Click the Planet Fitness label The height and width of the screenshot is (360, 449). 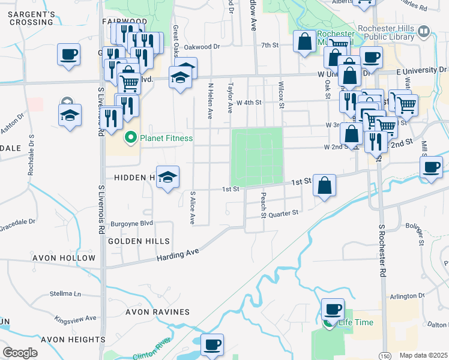(166, 139)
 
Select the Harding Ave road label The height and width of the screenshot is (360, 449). (177, 256)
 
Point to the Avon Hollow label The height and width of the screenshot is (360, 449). (68, 258)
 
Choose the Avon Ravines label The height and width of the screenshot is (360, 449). (157, 312)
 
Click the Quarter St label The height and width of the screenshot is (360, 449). (283, 214)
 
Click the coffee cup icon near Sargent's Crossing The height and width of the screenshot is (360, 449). (68, 55)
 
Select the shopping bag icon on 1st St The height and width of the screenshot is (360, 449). (324, 185)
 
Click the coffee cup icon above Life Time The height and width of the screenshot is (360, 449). (333, 310)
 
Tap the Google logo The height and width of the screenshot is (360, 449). (20, 353)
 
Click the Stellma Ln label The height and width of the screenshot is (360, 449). (65, 294)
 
